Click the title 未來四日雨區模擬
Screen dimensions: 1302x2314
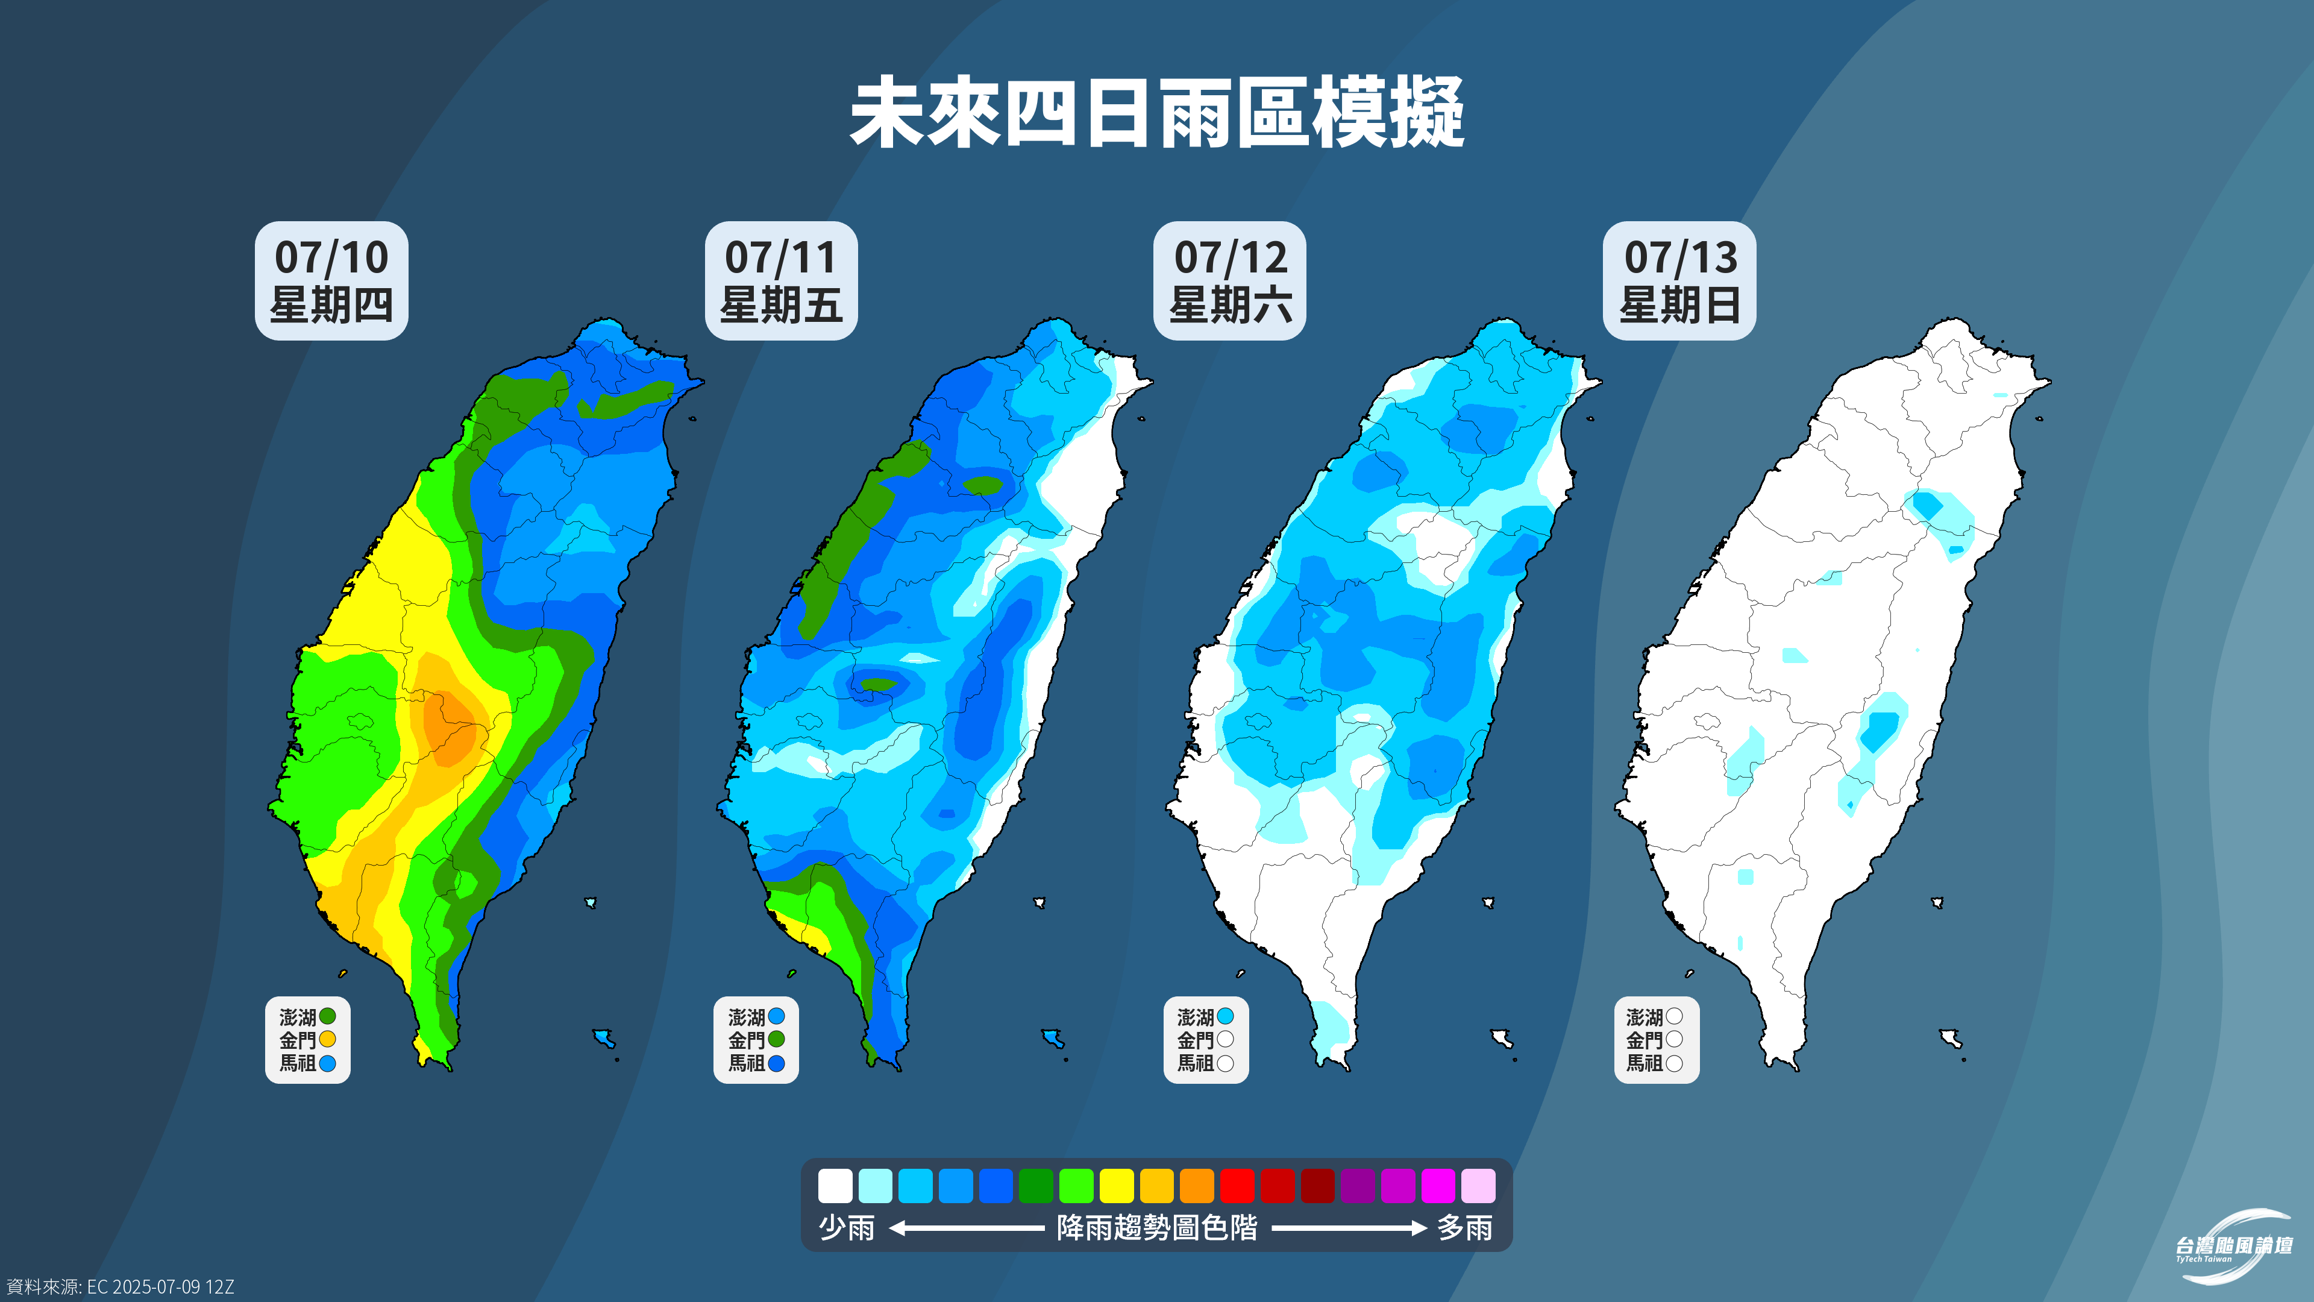[1157, 113]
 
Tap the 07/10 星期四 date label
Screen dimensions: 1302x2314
[331, 280]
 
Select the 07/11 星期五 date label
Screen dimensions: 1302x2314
[780, 280]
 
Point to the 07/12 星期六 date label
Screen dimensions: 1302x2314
[1230, 280]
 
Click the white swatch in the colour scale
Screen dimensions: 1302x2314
[835, 1185]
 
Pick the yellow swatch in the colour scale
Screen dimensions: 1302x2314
[1117, 1185]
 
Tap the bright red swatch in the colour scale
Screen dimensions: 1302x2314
[1237, 1185]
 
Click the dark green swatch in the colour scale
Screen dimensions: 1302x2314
[1036, 1185]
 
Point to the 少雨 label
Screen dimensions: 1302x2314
[846, 1227]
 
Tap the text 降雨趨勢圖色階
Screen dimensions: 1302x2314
[1157, 1227]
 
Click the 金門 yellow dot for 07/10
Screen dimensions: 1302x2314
[328, 1040]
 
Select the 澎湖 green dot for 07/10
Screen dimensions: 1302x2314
[328, 1016]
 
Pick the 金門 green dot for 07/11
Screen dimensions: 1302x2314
[777, 1040]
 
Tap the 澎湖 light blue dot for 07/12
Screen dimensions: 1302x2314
[1225, 1016]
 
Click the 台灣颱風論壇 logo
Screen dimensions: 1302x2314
[2234, 1247]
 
